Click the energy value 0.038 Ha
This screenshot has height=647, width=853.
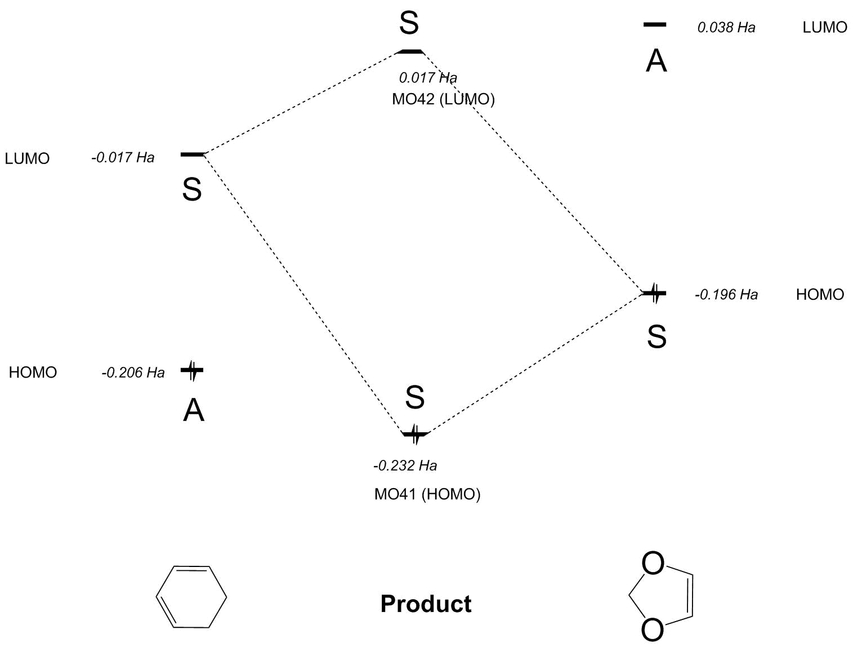pos(726,28)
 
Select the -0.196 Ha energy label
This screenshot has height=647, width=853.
pos(726,295)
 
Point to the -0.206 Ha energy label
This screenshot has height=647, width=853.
pos(133,373)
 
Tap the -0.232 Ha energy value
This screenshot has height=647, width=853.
pos(405,466)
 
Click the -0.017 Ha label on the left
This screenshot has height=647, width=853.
pos(123,157)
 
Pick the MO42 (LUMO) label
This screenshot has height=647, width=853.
pos(443,99)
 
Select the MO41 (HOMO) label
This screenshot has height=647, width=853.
pos(427,494)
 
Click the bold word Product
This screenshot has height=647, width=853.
pos(426,604)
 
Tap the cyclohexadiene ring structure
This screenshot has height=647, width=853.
pos(191,597)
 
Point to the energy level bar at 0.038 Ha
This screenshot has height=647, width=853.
pos(654,25)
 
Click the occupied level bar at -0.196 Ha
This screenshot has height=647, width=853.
pos(655,293)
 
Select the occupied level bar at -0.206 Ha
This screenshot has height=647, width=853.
pos(192,370)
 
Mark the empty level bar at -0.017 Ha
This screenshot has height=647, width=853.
pos(192,154)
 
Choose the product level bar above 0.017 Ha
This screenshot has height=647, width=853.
pos(409,51)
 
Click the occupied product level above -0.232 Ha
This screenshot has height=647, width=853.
pos(416,434)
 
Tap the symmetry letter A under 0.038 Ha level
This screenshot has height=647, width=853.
pos(656,61)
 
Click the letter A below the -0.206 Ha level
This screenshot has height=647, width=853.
pos(194,410)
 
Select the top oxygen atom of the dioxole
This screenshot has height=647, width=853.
pos(653,564)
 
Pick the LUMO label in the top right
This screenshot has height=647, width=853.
pos(824,28)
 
